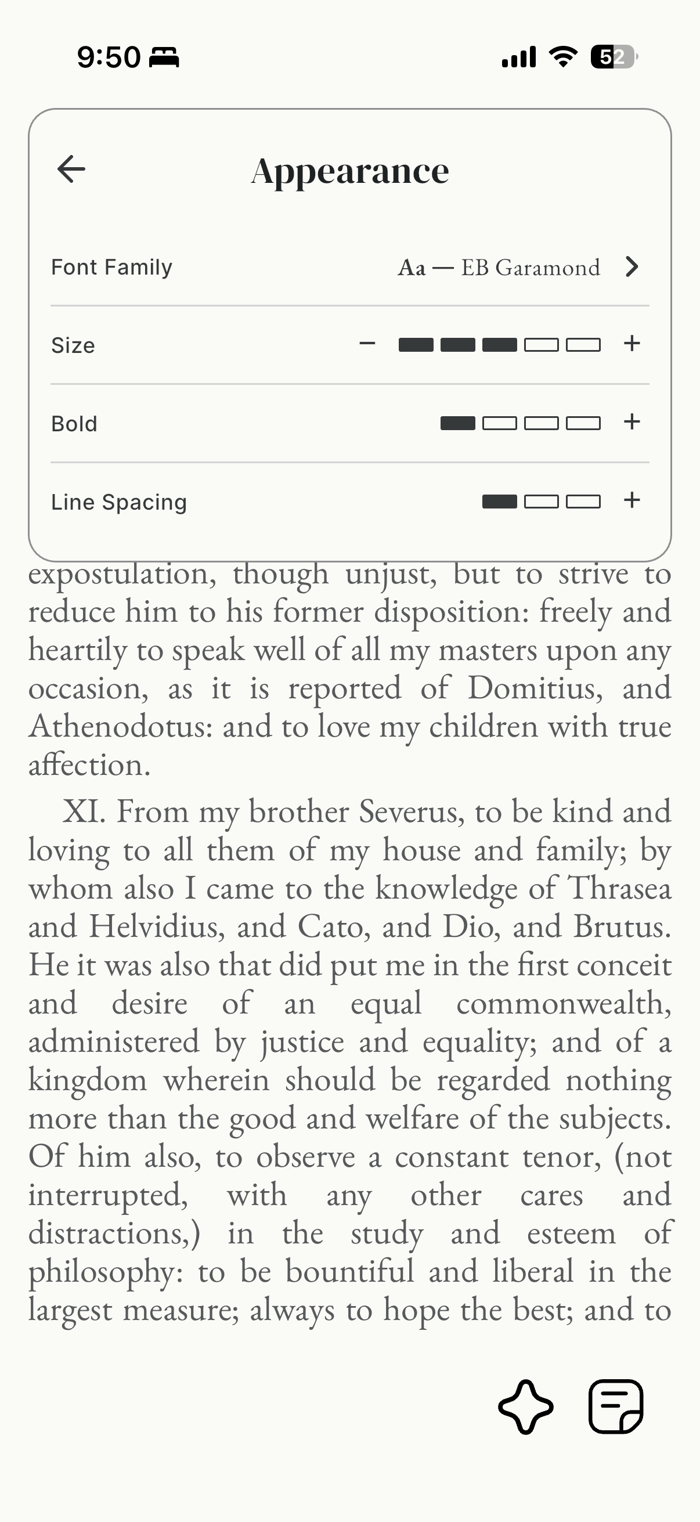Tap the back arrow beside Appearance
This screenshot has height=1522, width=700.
(71, 169)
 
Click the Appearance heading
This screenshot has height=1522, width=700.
(349, 171)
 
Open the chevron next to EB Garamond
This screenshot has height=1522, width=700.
(632, 267)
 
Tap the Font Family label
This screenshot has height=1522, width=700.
(111, 267)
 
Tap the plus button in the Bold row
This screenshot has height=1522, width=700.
(632, 422)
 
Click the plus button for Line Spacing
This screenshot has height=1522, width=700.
(632, 500)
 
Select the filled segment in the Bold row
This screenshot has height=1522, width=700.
(458, 423)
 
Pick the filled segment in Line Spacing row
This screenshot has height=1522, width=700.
(499, 502)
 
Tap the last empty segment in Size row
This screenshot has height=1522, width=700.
(583, 345)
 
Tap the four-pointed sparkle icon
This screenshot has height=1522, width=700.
(526, 1407)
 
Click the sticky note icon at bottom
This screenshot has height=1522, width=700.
(615, 1407)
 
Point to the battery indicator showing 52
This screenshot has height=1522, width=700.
(613, 57)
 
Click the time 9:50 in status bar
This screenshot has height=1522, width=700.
(109, 57)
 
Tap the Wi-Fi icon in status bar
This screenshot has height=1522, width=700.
(563, 57)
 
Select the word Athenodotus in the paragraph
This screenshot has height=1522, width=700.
(120, 726)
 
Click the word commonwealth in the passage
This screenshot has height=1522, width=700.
(564, 1003)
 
